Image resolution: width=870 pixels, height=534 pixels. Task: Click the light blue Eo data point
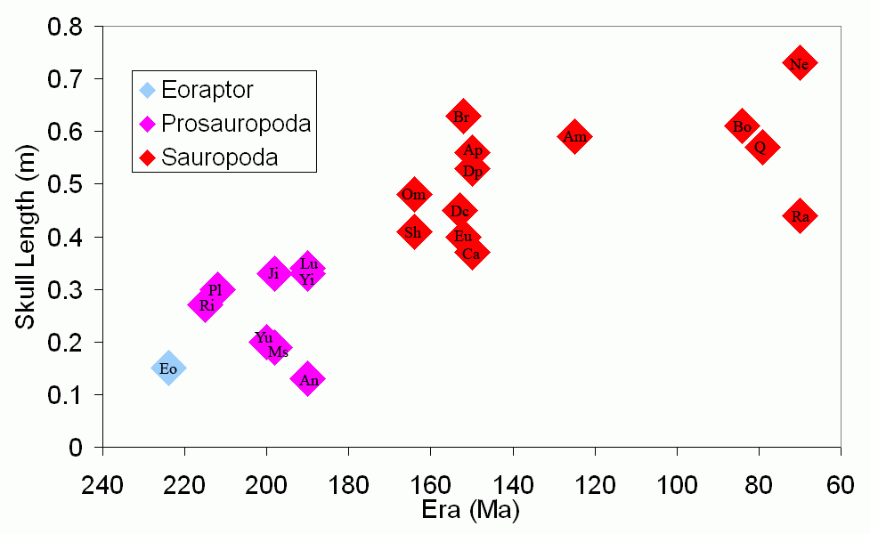tap(168, 368)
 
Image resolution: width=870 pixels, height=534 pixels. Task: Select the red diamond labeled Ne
tap(800, 63)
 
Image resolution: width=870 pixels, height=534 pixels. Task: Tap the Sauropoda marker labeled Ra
tap(800, 216)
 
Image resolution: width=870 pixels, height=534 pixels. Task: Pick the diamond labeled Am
tap(574, 136)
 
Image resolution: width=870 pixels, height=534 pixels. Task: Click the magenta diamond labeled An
tap(308, 380)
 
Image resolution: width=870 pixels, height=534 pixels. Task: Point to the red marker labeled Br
tap(462, 117)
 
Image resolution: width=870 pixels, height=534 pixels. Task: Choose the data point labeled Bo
tap(743, 126)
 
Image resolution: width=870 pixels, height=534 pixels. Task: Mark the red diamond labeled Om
tap(413, 195)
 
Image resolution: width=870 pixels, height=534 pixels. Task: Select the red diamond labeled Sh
tap(413, 232)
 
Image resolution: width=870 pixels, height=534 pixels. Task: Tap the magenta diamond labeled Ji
tap(274, 273)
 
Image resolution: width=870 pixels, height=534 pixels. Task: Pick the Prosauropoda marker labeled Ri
tap(206, 305)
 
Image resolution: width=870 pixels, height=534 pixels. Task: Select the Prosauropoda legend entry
tap(225, 124)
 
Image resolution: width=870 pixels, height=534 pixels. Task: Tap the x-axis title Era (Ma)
tap(471, 513)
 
